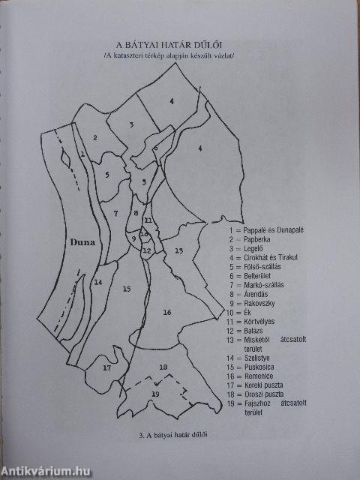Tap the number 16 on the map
pos(167,312)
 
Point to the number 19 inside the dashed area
pos(155,393)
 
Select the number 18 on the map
pos(163,367)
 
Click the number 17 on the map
pos(106,368)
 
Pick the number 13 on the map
pos(178,250)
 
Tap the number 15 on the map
pos(127,289)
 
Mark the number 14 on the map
pos(98,282)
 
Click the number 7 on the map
pos(115,213)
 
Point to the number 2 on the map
pos(95,137)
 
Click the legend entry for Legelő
pos(250,247)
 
